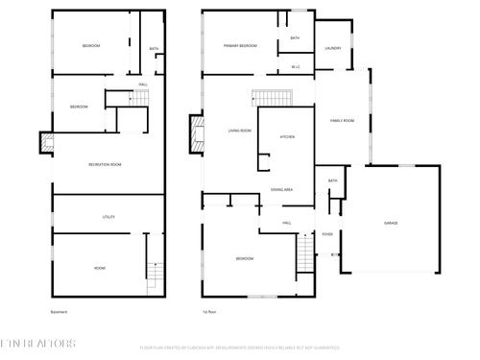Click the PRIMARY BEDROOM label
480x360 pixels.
click(240, 46)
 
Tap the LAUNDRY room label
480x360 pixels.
click(333, 48)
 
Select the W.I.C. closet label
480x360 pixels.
click(296, 67)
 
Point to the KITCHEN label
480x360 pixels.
click(287, 137)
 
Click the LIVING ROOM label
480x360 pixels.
click(240, 131)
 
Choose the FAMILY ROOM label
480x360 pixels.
click(343, 121)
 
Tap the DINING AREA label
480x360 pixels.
click(281, 190)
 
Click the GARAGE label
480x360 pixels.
click(391, 223)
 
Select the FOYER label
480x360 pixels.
click(327, 232)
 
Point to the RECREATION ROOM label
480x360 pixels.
click(105, 165)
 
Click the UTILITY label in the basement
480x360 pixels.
click(108, 217)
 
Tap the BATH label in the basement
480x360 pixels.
click(154, 49)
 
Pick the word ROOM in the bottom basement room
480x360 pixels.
click(100, 268)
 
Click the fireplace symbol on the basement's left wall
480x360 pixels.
click(45, 143)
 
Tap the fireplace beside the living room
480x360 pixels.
click(197, 132)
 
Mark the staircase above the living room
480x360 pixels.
click(271, 98)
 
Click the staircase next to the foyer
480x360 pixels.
click(305, 254)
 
